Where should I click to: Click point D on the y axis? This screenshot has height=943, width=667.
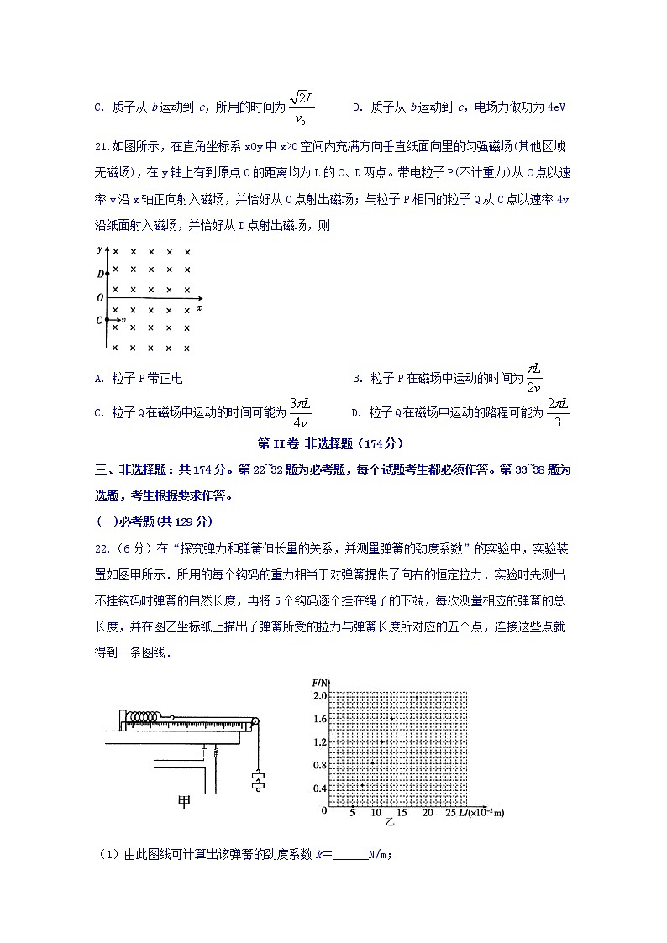[x=107, y=274]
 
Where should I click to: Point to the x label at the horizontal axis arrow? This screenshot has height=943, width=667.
[x=198, y=308]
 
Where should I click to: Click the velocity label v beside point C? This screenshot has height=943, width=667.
[x=123, y=321]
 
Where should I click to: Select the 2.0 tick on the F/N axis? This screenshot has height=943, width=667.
[x=319, y=696]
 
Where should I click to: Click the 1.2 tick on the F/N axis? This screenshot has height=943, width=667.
[x=319, y=742]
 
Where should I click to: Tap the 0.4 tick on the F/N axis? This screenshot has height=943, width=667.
[x=319, y=788]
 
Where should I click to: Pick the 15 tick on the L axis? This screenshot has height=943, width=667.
[x=401, y=813]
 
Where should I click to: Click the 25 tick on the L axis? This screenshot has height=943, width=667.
[x=449, y=813]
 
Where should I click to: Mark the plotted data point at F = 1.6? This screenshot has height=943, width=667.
[x=391, y=719]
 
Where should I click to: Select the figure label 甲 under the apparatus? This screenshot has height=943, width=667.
[x=185, y=802]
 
